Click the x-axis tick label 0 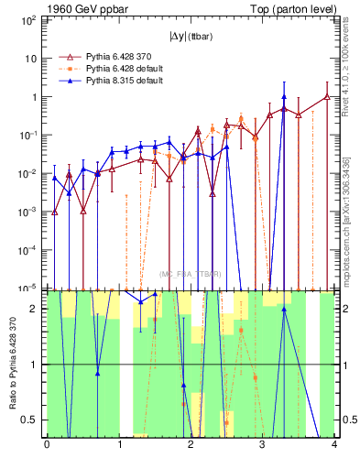[47, 444]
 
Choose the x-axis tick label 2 [191, 444]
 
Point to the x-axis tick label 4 [334, 444]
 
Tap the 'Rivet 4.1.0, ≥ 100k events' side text [350, 82]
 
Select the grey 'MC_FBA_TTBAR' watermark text [191, 274]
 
